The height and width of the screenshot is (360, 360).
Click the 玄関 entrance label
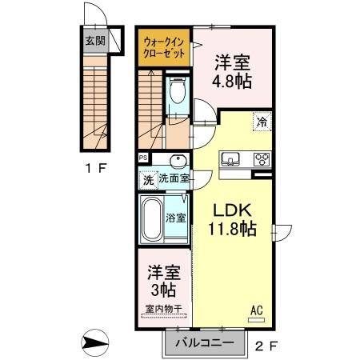[94, 40]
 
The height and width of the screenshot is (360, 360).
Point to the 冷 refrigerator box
[262, 122]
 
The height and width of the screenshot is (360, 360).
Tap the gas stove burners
[262, 158]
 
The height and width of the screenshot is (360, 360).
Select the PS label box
[143, 158]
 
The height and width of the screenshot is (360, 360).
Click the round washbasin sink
[178, 160]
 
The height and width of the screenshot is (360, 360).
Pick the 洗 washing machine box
[148, 179]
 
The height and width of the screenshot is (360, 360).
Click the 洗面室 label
[174, 179]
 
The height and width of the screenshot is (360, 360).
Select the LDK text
[231, 210]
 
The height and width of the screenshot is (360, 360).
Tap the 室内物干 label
[163, 308]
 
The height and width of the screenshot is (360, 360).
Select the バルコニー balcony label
[204, 342]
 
